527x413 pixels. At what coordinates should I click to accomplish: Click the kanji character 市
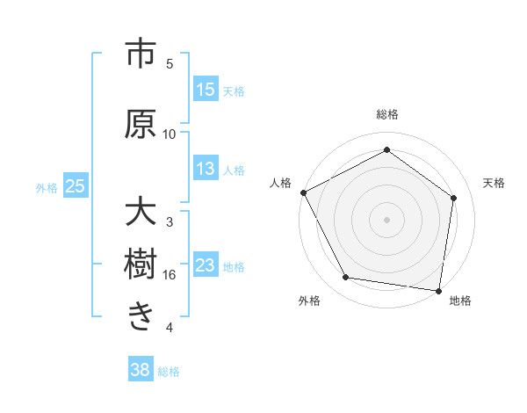141,54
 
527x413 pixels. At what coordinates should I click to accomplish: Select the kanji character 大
141,213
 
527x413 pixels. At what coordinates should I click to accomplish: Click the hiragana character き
141,315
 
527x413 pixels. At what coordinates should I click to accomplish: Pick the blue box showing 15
206,91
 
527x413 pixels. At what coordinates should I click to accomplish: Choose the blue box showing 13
206,170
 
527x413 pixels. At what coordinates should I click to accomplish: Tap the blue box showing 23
206,266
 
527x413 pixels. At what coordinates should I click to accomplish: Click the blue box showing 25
76,186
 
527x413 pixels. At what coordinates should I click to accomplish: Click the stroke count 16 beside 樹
170,275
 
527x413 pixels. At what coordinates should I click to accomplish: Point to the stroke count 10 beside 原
170,134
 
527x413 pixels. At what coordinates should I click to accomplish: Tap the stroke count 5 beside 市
170,64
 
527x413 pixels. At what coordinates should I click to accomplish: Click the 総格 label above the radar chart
386,115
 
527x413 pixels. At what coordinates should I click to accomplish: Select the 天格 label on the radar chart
495,183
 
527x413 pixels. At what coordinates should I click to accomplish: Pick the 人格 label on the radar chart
281,183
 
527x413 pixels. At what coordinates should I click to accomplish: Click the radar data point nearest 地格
439,290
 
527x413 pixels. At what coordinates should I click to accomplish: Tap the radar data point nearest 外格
346,278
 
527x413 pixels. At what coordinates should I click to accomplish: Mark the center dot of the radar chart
386,219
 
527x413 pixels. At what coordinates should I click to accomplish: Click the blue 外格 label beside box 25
47,187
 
